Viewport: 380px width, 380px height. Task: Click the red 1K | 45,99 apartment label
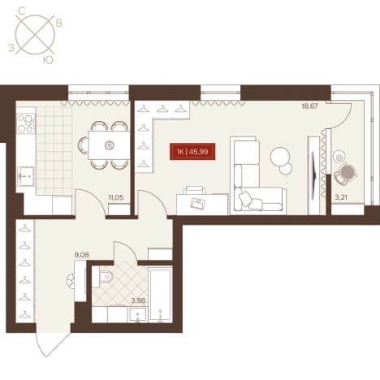click(x=192, y=152)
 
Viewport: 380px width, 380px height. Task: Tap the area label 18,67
click(x=309, y=106)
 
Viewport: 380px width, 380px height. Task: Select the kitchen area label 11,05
click(x=116, y=197)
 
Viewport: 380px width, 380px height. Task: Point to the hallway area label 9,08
click(x=81, y=255)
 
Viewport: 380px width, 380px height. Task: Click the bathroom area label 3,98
click(x=138, y=300)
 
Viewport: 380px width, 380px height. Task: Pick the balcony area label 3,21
click(x=341, y=197)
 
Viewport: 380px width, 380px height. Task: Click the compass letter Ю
click(x=48, y=61)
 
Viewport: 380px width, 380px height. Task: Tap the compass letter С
click(x=22, y=11)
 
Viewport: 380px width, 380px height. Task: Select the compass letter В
click(x=58, y=24)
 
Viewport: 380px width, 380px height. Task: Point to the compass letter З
click(x=11, y=48)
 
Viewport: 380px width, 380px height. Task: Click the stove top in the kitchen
click(x=25, y=123)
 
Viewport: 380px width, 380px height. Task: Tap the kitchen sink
click(x=26, y=176)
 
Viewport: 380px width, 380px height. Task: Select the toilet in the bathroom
click(x=106, y=277)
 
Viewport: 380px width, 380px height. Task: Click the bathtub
click(x=160, y=295)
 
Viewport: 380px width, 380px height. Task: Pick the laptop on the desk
click(x=198, y=203)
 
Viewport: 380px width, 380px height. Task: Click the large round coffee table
click(x=279, y=156)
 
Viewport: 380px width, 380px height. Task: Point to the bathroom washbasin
click(x=138, y=315)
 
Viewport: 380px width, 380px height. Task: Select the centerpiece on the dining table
click(x=109, y=145)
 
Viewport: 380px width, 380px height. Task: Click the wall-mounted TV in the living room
click(x=314, y=172)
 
